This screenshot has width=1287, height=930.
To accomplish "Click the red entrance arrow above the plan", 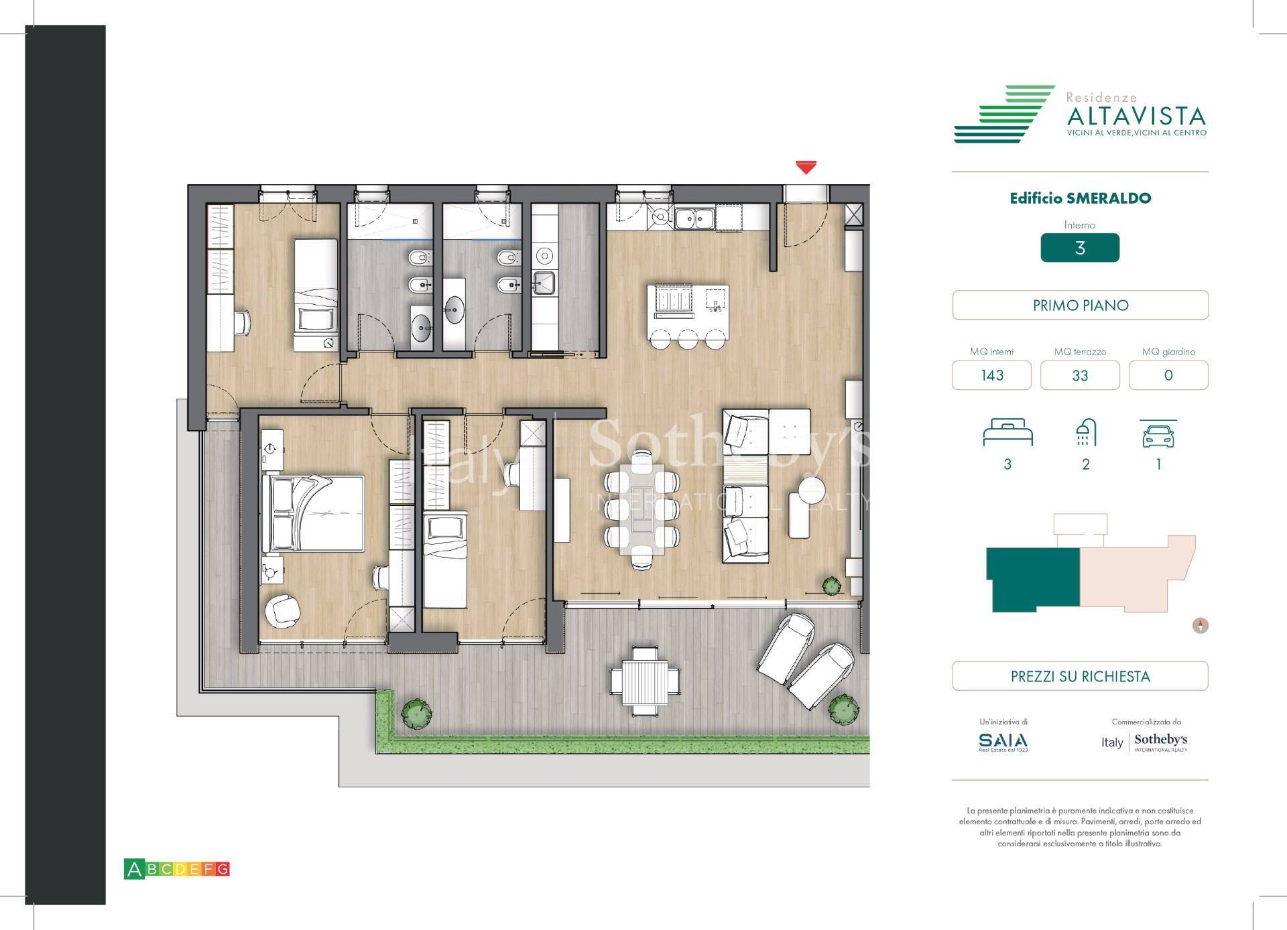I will coord(806,167).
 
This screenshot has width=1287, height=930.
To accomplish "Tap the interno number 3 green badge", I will coord(1079,248).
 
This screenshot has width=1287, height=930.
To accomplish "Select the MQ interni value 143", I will coord(991,375).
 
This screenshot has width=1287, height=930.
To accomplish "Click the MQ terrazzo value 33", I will coord(1079,375).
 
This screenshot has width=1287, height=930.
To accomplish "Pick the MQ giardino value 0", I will coord(1168,375).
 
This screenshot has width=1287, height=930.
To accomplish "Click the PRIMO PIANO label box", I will coord(1080,306).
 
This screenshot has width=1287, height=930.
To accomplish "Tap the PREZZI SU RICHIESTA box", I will coord(1080,676).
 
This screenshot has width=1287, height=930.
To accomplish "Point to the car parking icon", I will coord(1158,435).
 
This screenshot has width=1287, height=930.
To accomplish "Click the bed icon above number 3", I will coord(1007,433).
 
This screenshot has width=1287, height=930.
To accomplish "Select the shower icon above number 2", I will coord(1085,433).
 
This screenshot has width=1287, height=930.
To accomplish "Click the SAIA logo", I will coord(1003,741).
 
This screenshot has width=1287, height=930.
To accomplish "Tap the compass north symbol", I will coord(1201,626).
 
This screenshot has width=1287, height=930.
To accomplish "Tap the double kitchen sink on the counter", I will coord(694,218).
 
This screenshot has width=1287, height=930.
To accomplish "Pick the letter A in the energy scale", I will coord(134,870).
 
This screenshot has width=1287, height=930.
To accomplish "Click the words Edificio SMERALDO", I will coord(1080,198).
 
